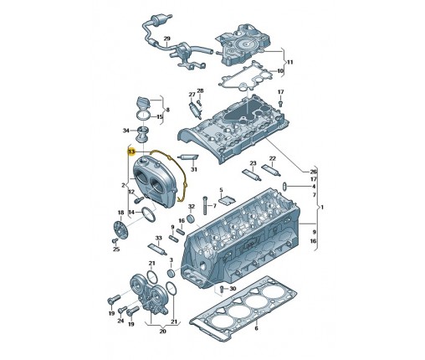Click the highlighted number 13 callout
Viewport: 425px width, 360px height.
131,152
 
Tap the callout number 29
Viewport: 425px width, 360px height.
166,39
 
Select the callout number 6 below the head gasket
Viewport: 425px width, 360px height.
256,328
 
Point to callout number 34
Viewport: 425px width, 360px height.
126,131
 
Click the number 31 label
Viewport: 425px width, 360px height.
194,169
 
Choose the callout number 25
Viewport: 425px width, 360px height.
116,249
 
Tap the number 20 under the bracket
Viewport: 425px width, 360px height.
162,332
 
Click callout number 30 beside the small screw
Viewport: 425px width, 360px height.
233,289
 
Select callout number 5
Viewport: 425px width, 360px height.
221,190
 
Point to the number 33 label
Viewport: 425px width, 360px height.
158,238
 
